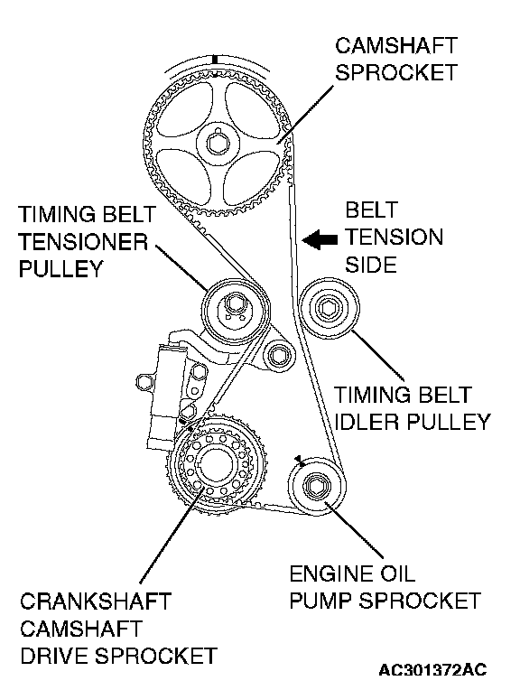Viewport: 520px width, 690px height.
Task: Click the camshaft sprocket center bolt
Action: [218, 144]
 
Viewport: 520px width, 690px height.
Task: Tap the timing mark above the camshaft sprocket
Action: [215, 60]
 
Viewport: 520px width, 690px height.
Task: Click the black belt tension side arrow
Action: [320, 240]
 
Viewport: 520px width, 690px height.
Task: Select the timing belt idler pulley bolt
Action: [328, 309]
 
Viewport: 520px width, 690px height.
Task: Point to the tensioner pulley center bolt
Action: [233, 305]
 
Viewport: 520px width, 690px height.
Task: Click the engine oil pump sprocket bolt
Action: [316, 486]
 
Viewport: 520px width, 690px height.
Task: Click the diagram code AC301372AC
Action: [433, 670]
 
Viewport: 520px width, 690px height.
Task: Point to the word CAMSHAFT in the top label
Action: [396, 46]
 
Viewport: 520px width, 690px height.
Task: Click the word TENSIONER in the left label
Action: [83, 242]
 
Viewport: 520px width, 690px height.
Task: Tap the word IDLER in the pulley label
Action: [367, 422]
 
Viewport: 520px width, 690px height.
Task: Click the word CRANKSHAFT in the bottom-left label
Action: [96, 601]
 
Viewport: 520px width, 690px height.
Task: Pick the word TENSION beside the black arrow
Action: [394, 238]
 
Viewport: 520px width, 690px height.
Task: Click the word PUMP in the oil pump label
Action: [320, 601]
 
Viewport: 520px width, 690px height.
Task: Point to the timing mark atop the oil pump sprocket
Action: [300, 460]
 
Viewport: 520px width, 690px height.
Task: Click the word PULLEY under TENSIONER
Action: [60, 269]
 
